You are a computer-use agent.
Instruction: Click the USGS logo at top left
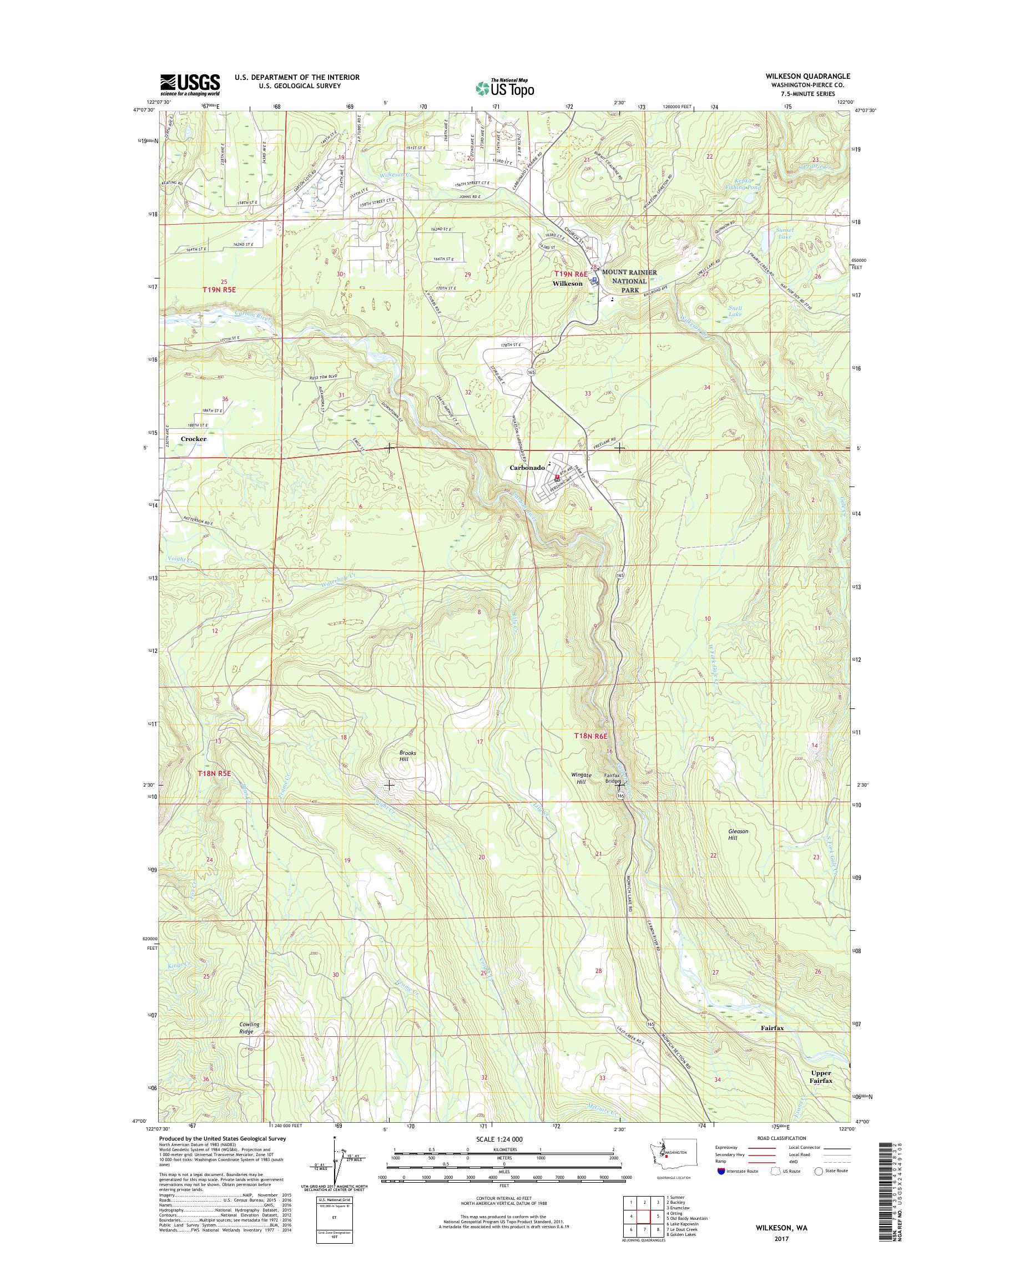[x=189, y=85]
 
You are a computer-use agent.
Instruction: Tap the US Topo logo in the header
[x=504, y=88]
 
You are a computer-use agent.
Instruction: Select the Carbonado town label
[x=527, y=468]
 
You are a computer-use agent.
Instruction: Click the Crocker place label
[x=194, y=439]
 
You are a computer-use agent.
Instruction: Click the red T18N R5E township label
[x=213, y=773]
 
